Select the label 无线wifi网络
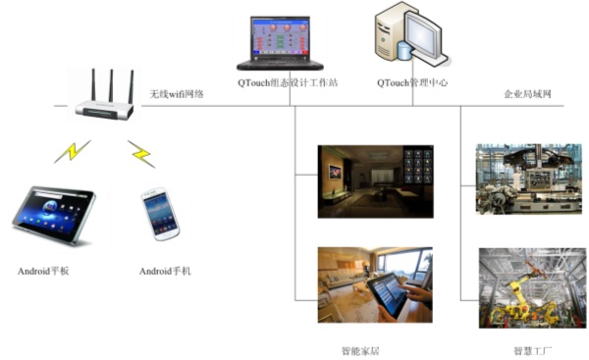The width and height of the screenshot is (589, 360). coord(177,94)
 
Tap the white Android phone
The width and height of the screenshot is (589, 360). coord(161,213)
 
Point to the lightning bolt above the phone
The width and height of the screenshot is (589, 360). coord(140,153)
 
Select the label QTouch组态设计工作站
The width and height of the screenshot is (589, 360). coord(288,83)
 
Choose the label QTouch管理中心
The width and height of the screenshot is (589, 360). coord(412,83)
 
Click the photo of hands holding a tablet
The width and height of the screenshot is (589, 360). coord(374,284)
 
